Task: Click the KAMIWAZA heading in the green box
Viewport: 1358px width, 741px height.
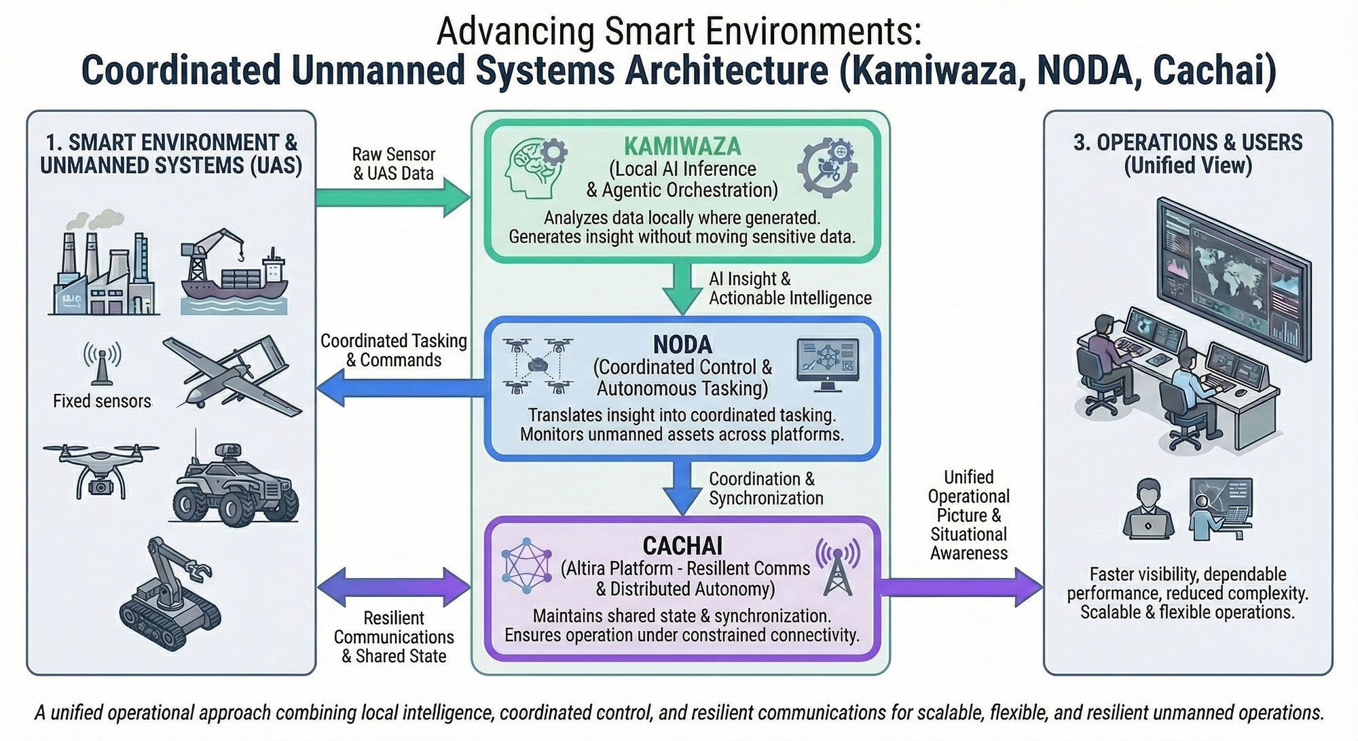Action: click(682, 146)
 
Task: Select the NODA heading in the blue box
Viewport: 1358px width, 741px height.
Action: click(682, 344)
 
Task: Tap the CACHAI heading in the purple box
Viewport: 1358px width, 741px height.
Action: click(682, 545)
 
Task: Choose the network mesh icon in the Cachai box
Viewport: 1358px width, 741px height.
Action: click(526, 566)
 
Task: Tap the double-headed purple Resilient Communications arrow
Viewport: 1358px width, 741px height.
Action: click(394, 587)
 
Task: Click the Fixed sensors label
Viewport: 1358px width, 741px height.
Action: click(102, 401)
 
